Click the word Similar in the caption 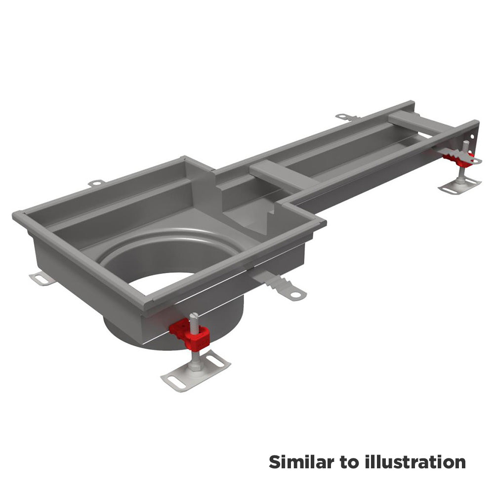(301, 462)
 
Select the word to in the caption (349, 463)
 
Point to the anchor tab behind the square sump (96, 183)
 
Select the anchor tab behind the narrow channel (347, 117)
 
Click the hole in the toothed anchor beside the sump (295, 295)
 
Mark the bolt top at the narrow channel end (466, 143)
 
